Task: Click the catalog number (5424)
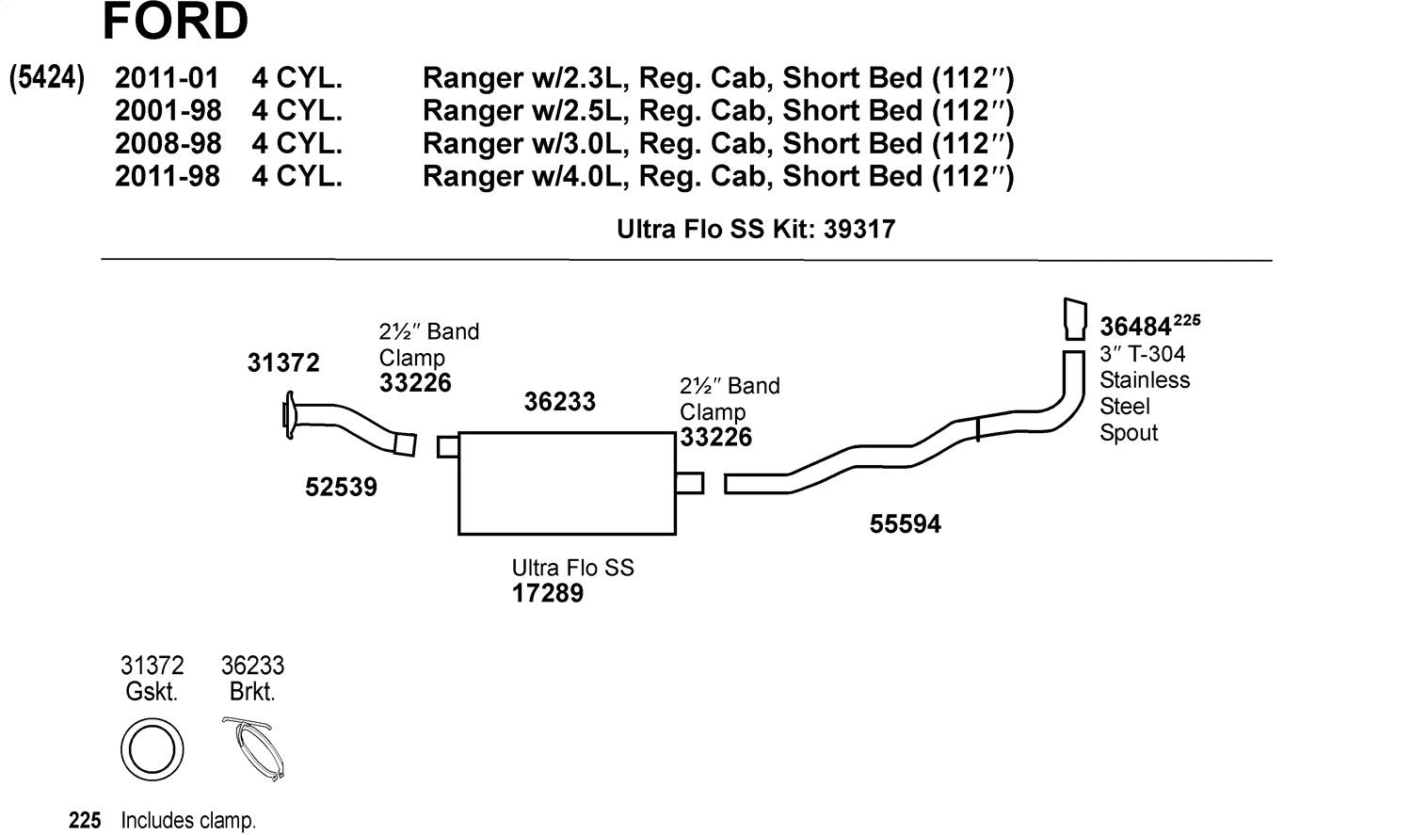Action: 47,77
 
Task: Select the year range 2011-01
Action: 167,78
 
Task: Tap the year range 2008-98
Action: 168,143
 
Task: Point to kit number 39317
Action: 859,229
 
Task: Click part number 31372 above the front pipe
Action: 283,362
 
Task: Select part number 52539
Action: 341,487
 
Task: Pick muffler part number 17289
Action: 547,593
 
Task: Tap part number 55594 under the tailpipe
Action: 905,523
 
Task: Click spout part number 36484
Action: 1135,327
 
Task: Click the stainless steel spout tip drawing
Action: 1074,318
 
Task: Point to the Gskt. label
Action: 152,692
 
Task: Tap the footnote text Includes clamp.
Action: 188,821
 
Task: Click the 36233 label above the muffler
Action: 559,402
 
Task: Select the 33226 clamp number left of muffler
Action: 415,383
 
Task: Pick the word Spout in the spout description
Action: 1129,433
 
